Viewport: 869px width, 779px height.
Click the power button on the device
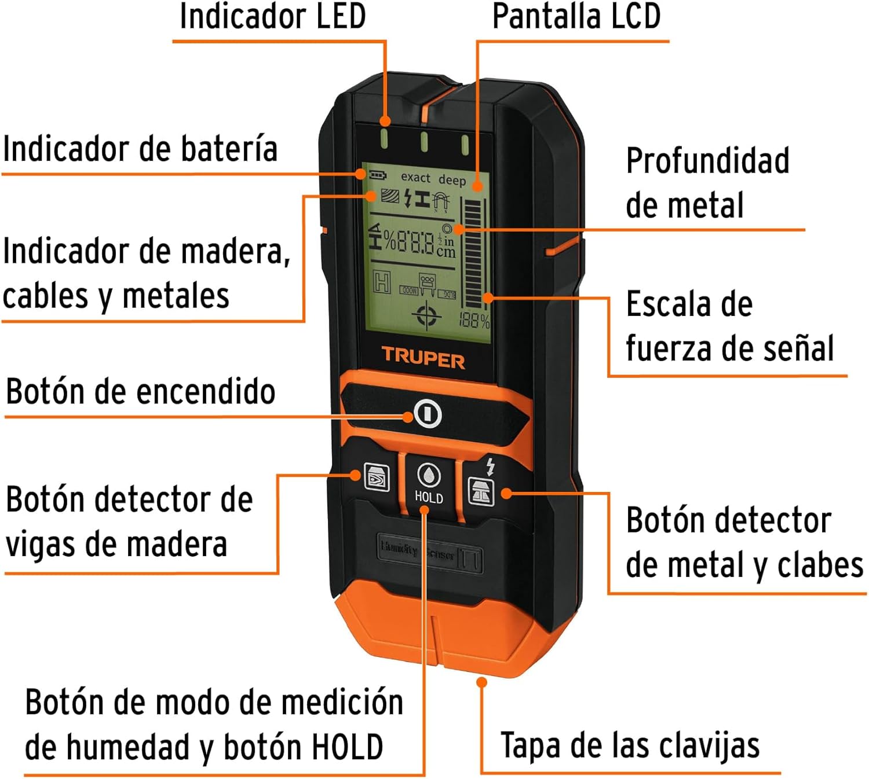[x=428, y=414]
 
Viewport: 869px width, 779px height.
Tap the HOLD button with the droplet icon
[x=429, y=483]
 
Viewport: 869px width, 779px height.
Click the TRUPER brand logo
[x=423, y=359]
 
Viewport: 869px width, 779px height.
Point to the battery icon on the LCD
[x=378, y=174]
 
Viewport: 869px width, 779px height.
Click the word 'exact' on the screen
[x=415, y=178]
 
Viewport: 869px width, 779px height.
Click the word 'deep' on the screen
[x=452, y=180]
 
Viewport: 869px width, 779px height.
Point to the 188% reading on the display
[x=474, y=320]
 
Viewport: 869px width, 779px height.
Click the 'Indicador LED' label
[x=272, y=16]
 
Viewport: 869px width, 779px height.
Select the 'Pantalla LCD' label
[x=576, y=16]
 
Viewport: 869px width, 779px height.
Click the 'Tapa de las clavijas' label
[x=630, y=745]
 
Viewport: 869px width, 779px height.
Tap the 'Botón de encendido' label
[x=140, y=392]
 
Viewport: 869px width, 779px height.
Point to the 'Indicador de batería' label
[x=140, y=149]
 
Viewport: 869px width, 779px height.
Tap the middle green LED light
[x=424, y=141]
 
